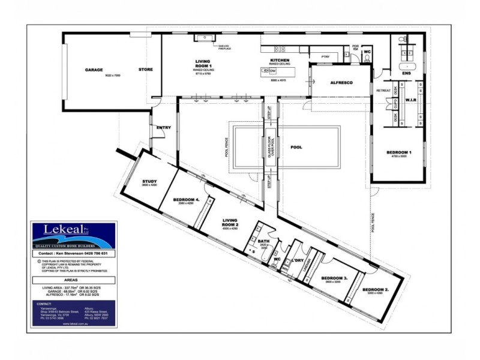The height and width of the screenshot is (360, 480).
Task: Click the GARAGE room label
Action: [95, 70]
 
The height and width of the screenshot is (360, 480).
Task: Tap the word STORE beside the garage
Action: [146, 70]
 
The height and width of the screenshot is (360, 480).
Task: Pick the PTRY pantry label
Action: [326, 56]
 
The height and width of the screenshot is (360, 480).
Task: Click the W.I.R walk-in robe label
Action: [411, 100]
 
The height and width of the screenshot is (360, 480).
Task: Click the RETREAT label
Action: [383, 91]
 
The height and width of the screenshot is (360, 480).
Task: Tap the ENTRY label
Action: [163, 127]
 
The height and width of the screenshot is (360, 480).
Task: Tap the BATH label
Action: [263, 242]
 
